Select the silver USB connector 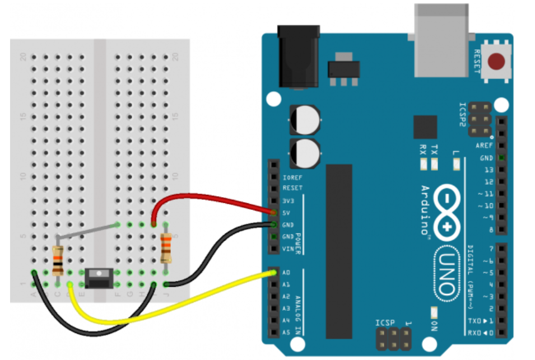[x=440, y=39]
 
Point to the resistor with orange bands [x=166, y=248]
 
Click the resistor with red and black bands [x=57, y=261]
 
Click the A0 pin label [x=287, y=273]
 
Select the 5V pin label [x=287, y=213]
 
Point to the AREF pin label [x=485, y=146]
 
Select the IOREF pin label [x=292, y=177]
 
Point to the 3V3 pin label [x=288, y=201]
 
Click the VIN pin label [x=288, y=249]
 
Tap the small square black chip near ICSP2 [x=425, y=127]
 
